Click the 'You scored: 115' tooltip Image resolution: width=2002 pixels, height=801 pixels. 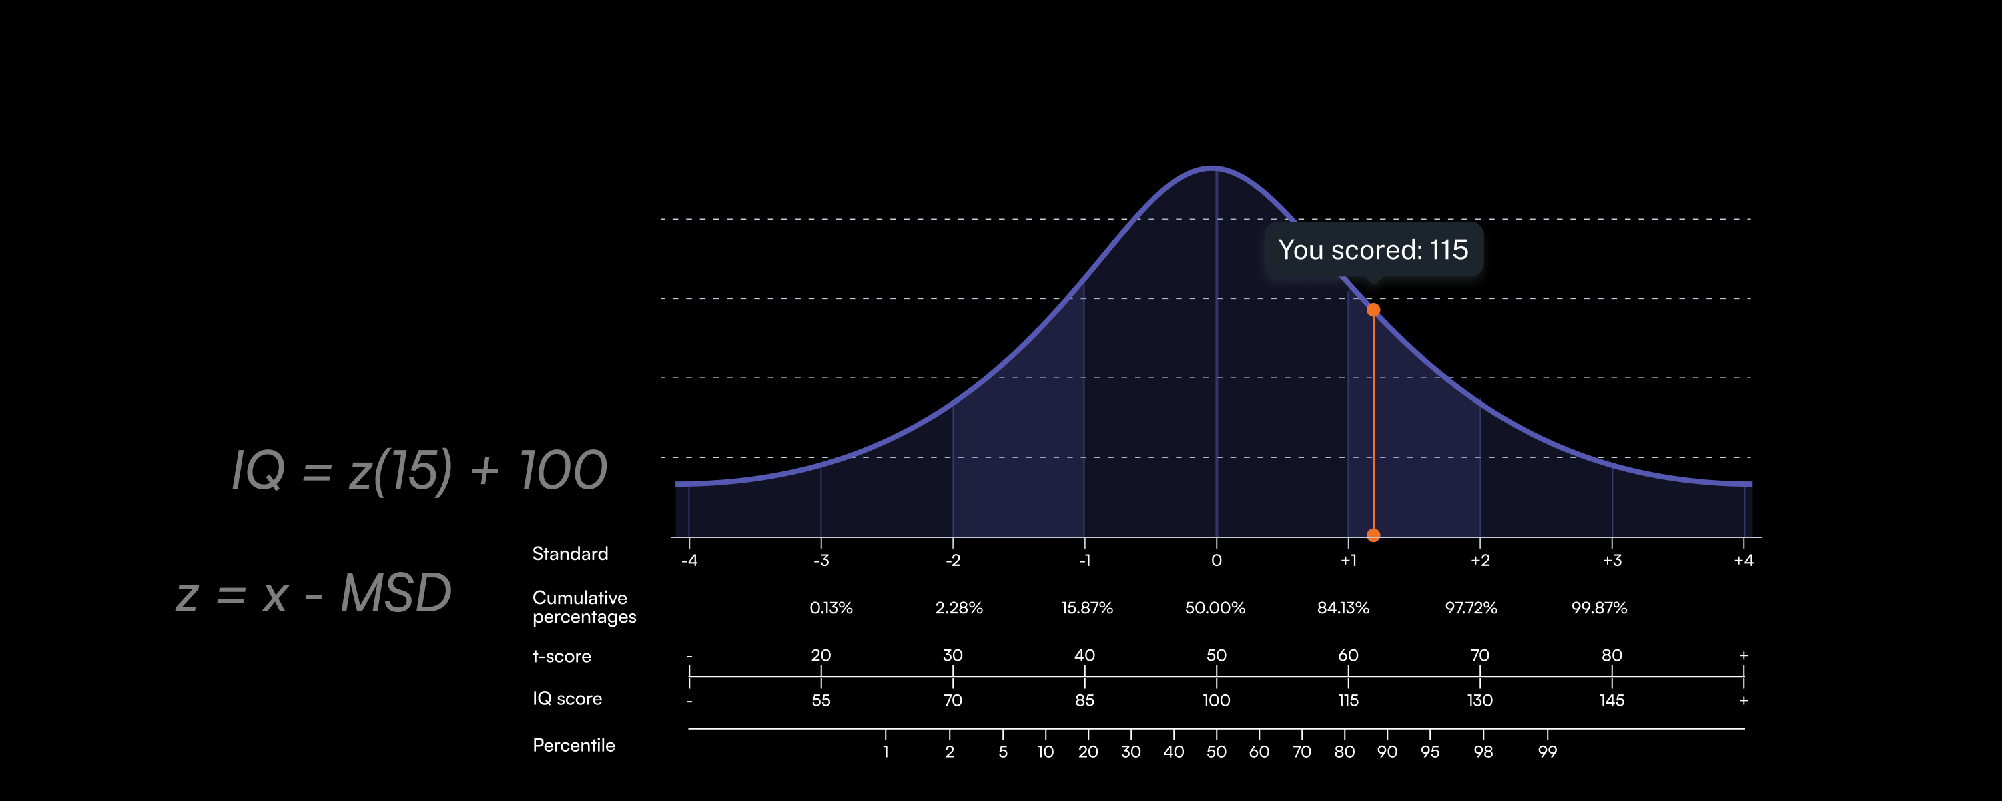point(1373,250)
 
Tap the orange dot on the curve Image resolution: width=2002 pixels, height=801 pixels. point(1373,310)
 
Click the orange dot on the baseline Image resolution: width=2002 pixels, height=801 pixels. point(1373,535)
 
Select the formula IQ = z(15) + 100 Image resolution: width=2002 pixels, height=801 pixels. point(419,471)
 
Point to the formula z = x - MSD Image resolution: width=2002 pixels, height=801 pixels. point(314,594)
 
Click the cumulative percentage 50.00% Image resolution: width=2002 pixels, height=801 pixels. point(1215,608)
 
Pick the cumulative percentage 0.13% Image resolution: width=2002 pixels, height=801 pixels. point(831,608)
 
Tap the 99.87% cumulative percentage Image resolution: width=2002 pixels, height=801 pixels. point(1599,608)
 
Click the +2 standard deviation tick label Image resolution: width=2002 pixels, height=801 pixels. point(1479,561)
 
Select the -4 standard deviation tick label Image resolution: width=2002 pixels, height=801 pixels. point(689,561)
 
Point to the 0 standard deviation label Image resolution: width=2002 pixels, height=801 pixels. point(1217,561)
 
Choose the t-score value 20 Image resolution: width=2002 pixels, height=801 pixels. point(821,655)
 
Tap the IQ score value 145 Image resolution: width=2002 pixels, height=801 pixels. point(1611,701)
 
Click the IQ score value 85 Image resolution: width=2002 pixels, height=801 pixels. point(1084,701)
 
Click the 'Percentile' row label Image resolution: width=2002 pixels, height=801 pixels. point(573,746)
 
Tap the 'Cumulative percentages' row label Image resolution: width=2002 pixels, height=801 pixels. point(584,607)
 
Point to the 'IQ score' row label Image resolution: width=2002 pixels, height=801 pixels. point(567,699)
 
